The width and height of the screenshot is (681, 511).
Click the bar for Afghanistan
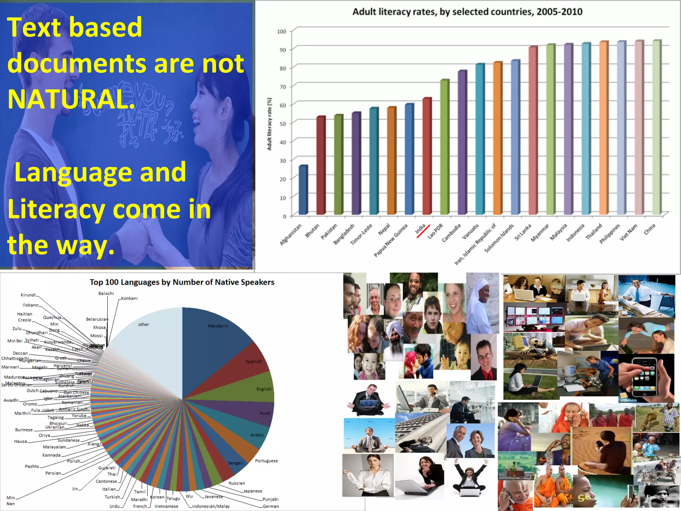[303, 190]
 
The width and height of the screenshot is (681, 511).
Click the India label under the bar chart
[420, 229]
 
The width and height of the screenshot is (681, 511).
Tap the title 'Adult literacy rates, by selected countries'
[467, 12]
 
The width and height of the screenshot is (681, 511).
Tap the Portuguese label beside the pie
[266, 461]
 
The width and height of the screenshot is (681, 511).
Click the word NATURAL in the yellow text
[70, 99]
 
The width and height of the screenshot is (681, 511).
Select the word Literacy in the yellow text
[56, 210]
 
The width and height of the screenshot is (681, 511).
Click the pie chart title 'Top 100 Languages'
[182, 282]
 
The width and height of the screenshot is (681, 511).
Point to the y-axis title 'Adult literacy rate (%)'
[270, 124]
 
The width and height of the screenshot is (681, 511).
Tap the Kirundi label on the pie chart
[28, 295]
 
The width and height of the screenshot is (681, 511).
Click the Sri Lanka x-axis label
[523, 232]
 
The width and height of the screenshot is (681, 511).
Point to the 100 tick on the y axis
[282, 32]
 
